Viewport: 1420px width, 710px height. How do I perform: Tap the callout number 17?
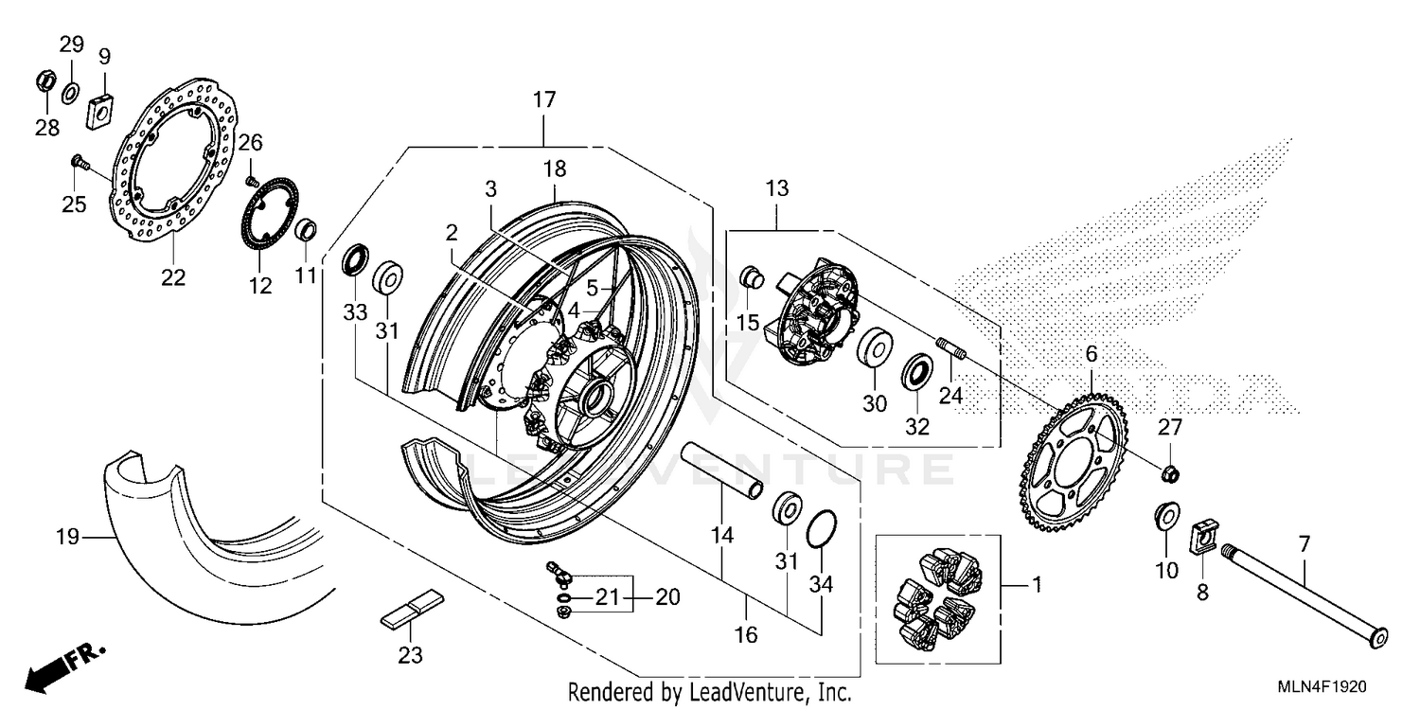(544, 100)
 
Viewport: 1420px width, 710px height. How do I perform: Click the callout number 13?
(776, 188)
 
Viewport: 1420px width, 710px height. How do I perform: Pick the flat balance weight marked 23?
(411, 608)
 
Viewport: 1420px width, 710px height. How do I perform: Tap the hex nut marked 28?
(44, 82)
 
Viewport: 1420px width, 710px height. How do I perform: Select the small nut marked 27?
(1169, 470)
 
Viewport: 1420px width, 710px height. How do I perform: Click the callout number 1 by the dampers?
(1036, 586)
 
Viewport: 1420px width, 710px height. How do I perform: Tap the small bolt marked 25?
(80, 165)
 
